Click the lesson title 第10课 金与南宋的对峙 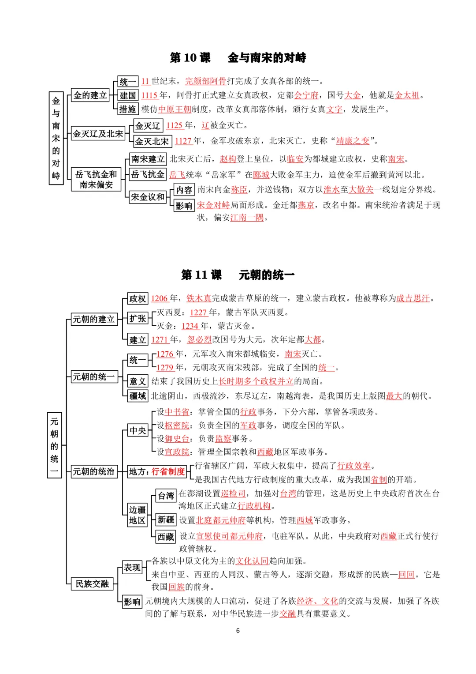[238, 57]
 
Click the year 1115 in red [149, 95]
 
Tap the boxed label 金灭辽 [148, 126]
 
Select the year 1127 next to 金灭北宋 [183, 141]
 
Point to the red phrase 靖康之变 [353, 141]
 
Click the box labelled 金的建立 [90, 95]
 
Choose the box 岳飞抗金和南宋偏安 [96, 180]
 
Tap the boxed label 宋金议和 [148, 197]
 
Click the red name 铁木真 [199, 298]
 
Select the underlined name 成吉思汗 [413, 298]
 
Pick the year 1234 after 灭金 [190, 326]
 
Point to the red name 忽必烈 [199, 340]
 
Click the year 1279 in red [165, 368]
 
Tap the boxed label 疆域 [138, 396]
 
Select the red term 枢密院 [177, 425]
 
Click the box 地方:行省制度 [157, 472]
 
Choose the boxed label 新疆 [166, 520]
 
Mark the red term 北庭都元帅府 [220, 520]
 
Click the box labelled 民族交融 [92, 584]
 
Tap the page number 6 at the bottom [238, 631]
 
